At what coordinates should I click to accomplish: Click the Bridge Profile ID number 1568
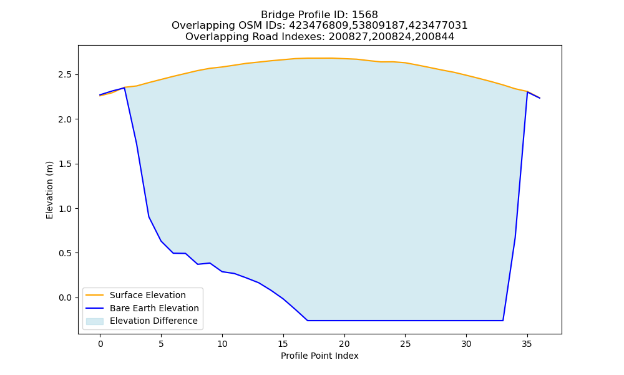(364, 15)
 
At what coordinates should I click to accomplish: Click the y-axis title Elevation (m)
(49, 190)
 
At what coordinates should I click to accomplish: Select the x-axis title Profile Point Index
(319, 356)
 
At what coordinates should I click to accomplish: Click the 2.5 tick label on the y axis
(66, 75)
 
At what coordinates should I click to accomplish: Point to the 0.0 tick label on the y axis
(66, 297)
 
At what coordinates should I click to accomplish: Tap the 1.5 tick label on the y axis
(66, 164)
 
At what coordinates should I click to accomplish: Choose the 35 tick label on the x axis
(527, 344)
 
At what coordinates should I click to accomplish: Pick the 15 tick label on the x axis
(283, 344)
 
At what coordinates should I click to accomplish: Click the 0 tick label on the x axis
(100, 344)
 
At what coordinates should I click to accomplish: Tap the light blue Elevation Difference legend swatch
(95, 321)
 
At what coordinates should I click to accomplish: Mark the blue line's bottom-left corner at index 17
(308, 321)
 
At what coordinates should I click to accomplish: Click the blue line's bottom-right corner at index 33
(503, 321)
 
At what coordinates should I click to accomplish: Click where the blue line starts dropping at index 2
(125, 87)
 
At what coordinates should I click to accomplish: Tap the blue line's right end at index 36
(540, 98)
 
